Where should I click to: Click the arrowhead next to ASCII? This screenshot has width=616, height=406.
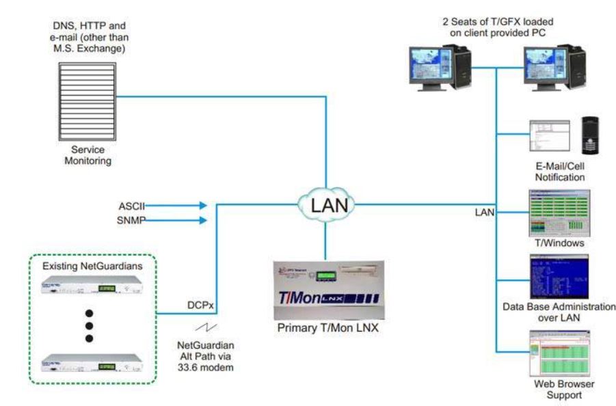pyautogui.click(x=201, y=204)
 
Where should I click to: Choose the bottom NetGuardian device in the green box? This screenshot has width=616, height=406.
pyautogui.click(x=89, y=362)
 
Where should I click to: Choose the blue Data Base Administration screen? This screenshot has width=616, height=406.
pyautogui.click(x=558, y=275)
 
